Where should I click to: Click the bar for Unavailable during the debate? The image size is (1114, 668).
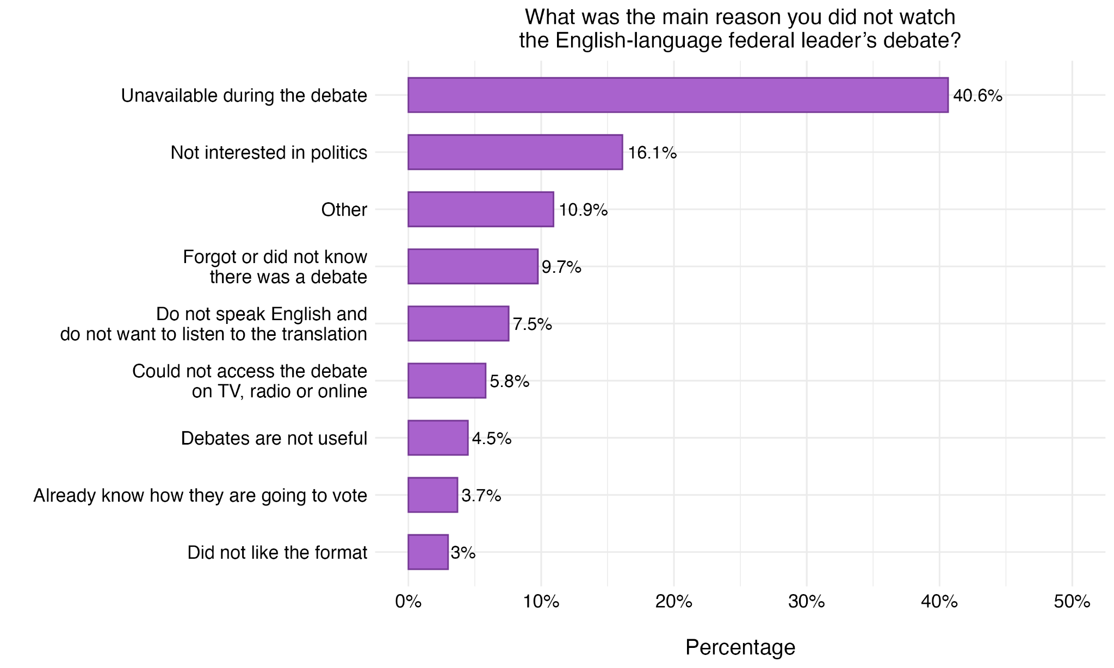678,95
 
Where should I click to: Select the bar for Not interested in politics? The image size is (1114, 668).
515,152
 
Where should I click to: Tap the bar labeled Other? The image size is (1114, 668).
481,209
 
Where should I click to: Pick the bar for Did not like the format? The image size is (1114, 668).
428,552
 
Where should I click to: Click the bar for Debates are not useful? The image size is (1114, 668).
438,438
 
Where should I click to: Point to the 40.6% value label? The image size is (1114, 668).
977,96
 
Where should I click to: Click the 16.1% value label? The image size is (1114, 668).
652,153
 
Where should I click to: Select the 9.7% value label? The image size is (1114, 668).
561,267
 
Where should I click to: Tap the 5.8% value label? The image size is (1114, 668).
510,382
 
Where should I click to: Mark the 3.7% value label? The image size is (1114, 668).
481,496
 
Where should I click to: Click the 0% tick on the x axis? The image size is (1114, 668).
409,602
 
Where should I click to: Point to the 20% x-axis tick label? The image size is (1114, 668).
674,602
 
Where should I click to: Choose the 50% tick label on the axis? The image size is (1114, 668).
1072,602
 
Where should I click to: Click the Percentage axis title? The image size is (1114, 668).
740,647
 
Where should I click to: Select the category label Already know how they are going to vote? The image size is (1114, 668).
200,496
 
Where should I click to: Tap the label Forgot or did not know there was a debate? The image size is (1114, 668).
275,267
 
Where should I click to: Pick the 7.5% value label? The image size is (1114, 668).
532,324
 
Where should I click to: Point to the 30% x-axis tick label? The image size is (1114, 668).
807,602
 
